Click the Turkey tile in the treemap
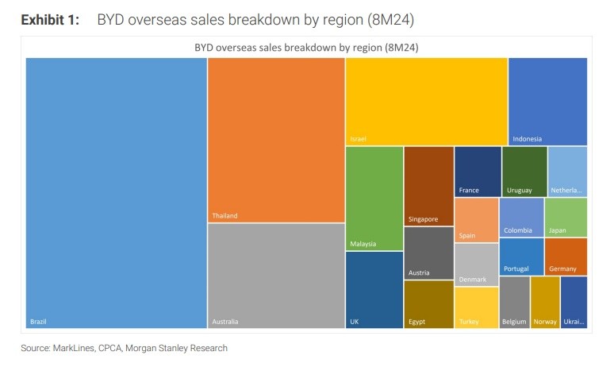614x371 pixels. point(476,307)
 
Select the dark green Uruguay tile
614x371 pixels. point(524,171)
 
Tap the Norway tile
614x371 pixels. point(544,302)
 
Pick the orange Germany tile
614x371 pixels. point(566,256)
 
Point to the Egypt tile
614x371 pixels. point(428,304)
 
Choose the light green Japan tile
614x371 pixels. point(566,217)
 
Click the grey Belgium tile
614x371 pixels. point(514,302)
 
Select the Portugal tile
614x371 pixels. point(521,256)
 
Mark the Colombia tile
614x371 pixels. point(521,217)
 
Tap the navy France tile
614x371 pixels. point(478,171)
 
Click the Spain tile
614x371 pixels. point(476,220)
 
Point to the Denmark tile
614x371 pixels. point(476,265)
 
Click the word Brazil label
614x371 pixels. point(39,322)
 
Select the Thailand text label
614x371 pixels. point(224,216)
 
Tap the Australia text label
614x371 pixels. point(225,322)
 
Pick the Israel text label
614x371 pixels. point(358,139)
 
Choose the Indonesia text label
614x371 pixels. point(527,139)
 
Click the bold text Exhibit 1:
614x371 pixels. point(50,20)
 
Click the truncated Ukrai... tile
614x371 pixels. point(574,302)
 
